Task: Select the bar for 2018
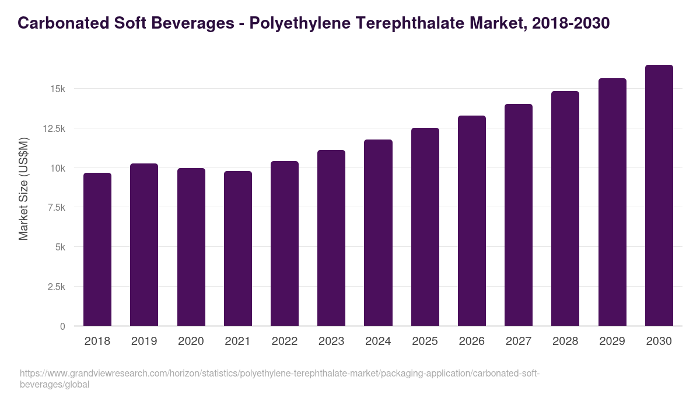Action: coord(97,249)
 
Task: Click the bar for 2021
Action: coord(238,248)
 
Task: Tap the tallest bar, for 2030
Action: coord(659,196)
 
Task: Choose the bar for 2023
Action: coord(331,238)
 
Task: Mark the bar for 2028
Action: coord(565,208)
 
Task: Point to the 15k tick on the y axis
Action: coord(57,89)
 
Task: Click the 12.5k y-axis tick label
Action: coord(53,128)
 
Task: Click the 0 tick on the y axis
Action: coord(62,326)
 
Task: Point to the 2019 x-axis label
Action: coord(144,341)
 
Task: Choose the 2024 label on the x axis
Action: coord(378,341)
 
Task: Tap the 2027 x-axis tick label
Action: coord(519,341)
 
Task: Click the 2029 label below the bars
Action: coord(612,341)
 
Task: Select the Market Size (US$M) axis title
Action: coord(23,189)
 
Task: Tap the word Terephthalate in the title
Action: coord(414,23)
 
